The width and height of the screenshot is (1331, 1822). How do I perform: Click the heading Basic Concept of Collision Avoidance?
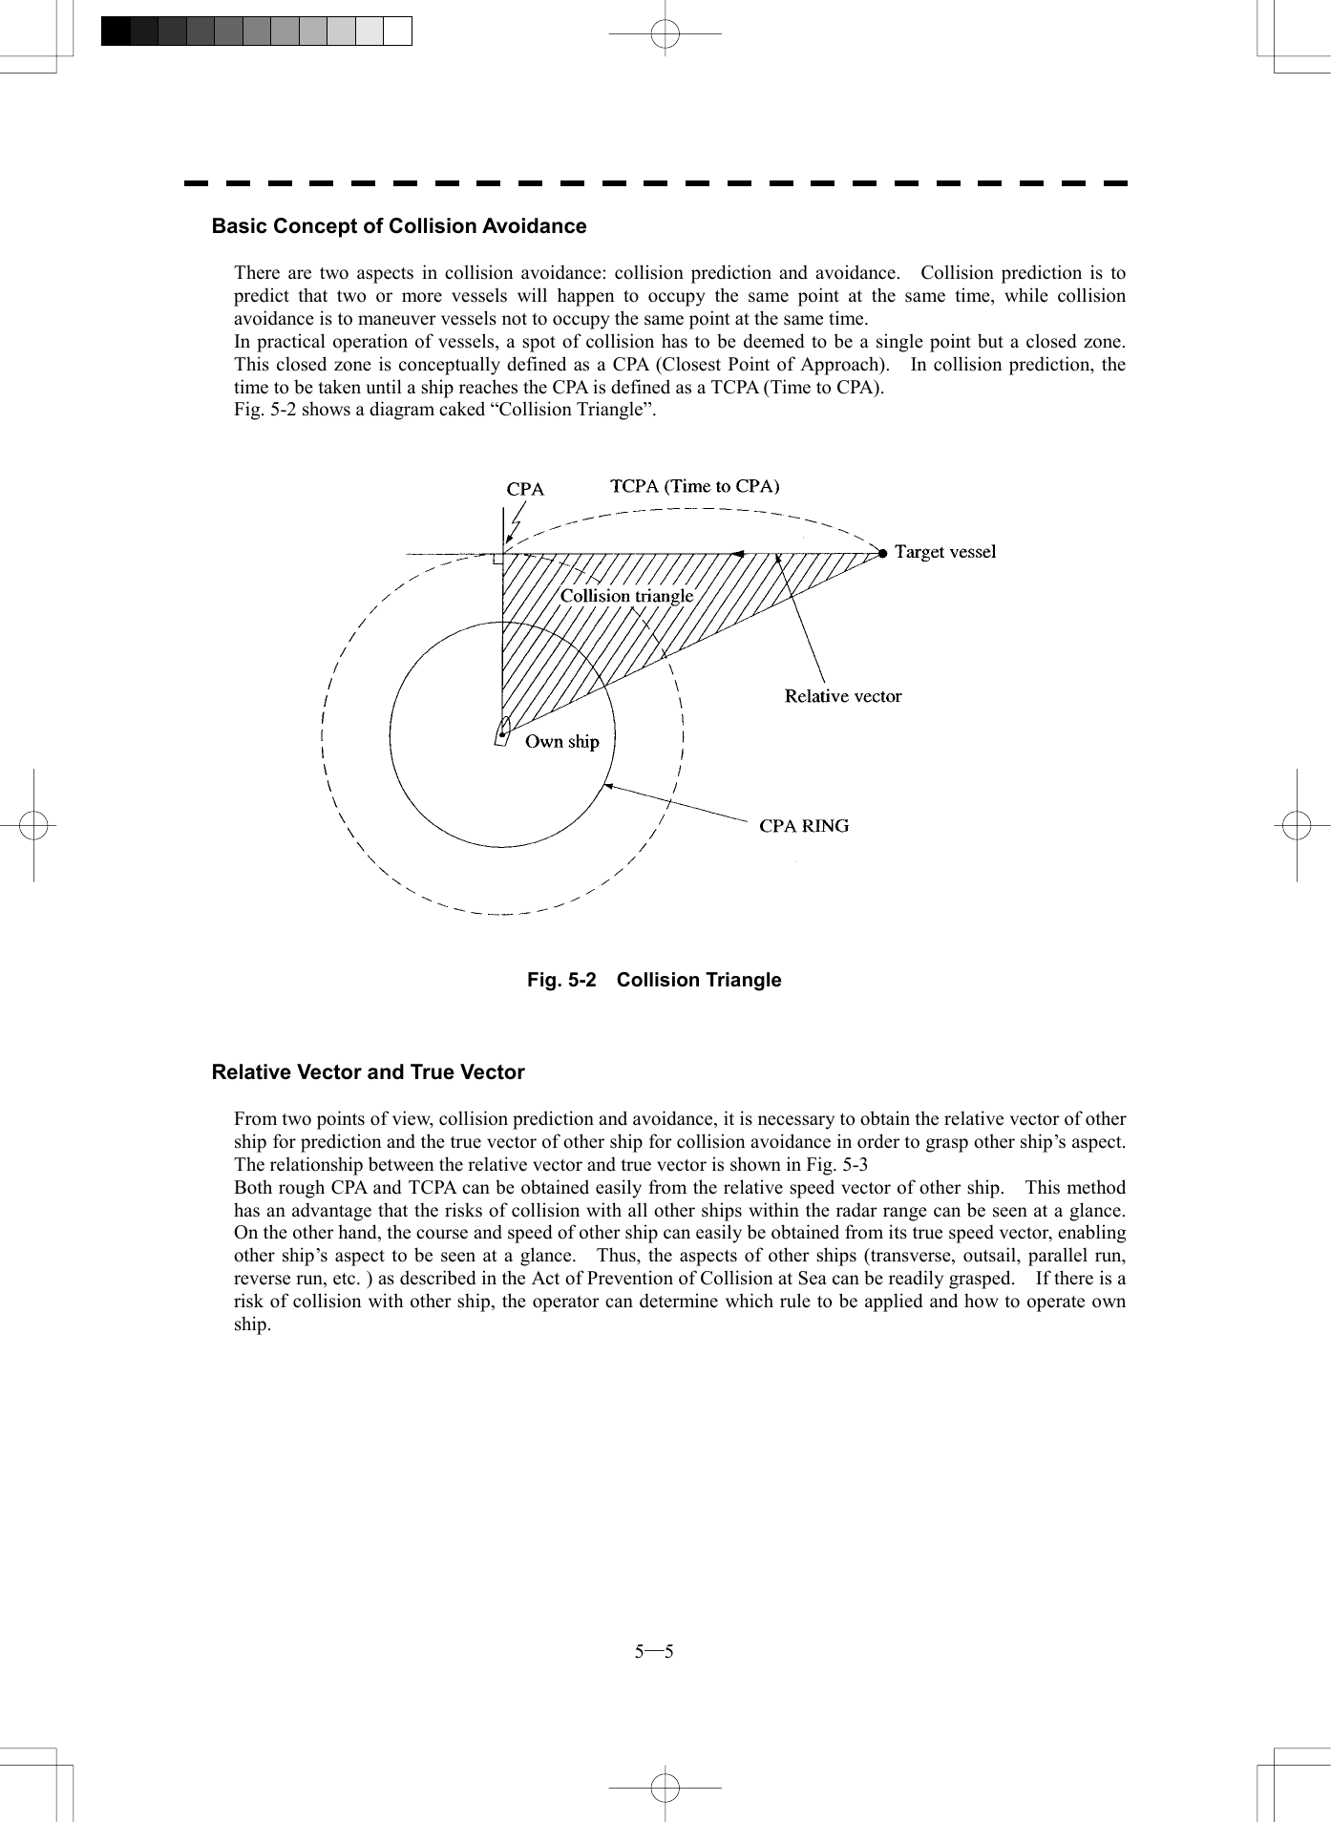click(398, 226)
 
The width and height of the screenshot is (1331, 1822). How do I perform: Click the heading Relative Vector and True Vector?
click(368, 1072)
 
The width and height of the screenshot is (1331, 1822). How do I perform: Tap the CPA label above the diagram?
click(525, 489)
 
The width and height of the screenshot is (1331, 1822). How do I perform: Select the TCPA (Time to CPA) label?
click(694, 486)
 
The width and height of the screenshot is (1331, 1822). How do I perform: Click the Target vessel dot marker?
click(883, 553)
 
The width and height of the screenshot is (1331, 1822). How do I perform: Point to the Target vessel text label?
click(944, 552)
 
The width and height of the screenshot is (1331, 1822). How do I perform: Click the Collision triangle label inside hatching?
click(626, 596)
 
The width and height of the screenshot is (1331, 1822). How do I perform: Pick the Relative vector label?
click(842, 696)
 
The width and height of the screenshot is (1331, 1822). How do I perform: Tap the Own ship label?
click(561, 742)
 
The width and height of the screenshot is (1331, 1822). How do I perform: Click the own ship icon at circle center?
click(502, 731)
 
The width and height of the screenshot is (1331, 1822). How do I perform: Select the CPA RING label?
click(803, 826)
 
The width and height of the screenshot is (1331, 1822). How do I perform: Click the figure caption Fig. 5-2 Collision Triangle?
click(654, 980)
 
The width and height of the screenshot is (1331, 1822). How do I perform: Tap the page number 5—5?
click(654, 1652)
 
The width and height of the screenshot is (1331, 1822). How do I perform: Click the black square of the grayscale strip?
click(116, 32)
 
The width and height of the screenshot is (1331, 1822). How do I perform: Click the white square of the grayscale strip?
click(398, 32)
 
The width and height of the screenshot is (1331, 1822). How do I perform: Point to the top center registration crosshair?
click(665, 34)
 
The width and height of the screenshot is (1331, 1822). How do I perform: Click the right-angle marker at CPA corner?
click(497, 559)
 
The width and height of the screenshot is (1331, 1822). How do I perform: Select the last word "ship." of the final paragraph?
click(252, 1324)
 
